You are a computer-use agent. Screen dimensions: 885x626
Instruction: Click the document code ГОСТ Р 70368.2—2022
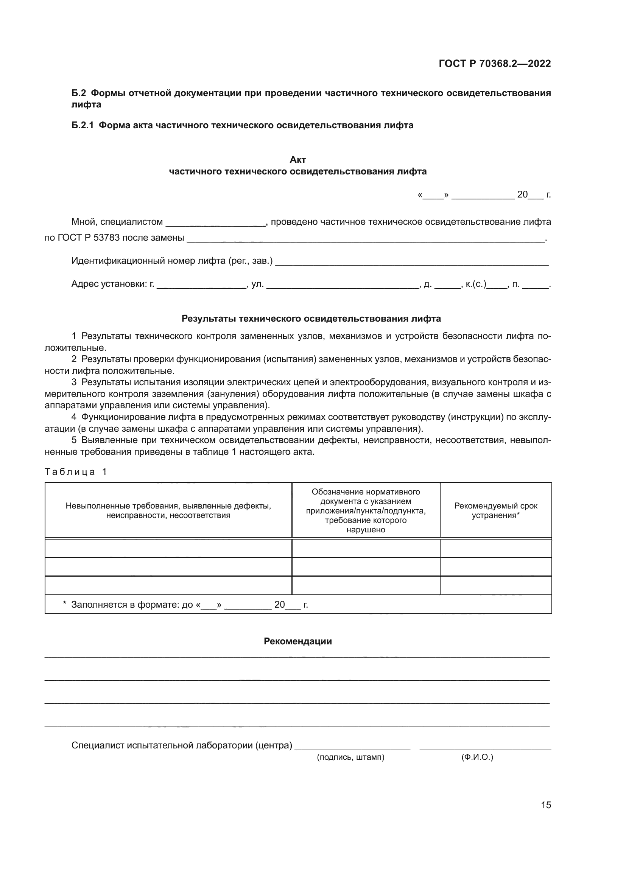tap(495, 64)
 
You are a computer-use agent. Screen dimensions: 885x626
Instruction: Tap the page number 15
tap(546, 805)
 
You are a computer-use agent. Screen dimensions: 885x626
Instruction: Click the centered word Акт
tap(297, 160)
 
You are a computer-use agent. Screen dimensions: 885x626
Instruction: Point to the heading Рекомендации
tap(297, 641)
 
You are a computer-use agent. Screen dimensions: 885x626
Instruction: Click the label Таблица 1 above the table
tap(76, 472)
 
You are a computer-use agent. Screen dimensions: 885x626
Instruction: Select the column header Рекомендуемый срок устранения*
tap(495, 510)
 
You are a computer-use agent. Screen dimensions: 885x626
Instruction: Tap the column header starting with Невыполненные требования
tap(168, 510)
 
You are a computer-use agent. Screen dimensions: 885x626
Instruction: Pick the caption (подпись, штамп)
tap(350, 757)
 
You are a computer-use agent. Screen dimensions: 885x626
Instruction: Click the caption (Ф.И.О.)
tap(477, 757)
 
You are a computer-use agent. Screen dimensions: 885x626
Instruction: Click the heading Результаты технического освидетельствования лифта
tap(311, 319)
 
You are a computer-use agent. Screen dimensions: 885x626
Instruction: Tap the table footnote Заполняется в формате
tap(185, 604)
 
